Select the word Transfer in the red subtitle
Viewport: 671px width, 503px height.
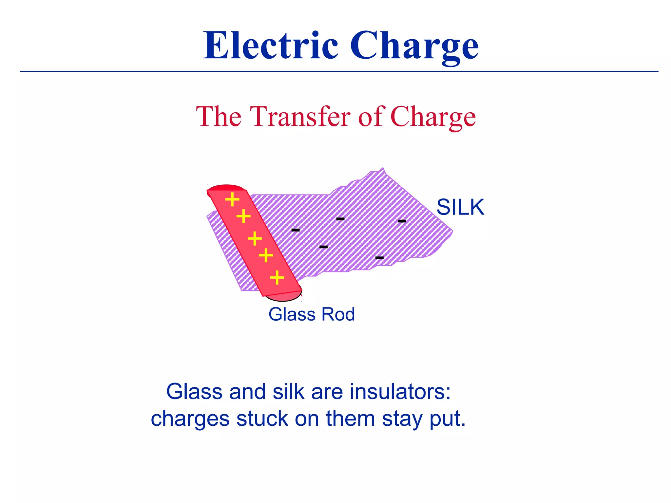pos(300,117)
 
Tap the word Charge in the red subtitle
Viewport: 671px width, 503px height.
pos(433,117)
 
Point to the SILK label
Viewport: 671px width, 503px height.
pos(460,207)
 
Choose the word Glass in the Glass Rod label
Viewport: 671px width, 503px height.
pos(292,314)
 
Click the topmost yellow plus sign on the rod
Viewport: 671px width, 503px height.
pos(232,199)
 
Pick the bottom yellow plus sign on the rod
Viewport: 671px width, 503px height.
pos(277,278)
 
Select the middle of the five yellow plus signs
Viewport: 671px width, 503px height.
pos(255,238)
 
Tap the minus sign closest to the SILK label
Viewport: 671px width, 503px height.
pos(402,221)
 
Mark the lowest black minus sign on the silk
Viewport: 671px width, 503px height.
pos(379,258)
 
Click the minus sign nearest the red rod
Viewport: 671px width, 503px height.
pos(296,230)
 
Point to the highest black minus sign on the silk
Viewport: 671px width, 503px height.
pos(340,219)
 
